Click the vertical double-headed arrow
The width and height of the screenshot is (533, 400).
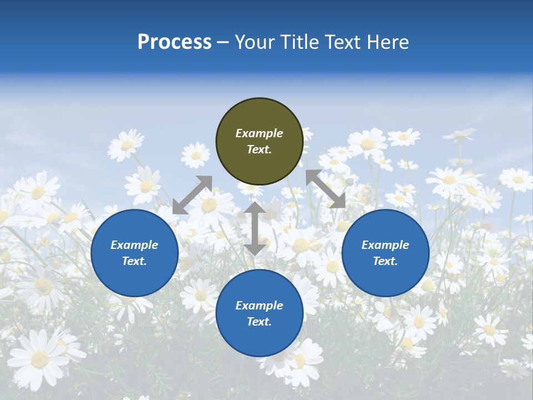click(x=255, y=228)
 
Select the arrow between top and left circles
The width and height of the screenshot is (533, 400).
click(x=193, y=194)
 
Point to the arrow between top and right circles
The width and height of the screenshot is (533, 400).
click(x=326, y=189)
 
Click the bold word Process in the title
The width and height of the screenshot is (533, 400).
click(x=174, y=42)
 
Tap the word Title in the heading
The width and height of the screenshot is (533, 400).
click(x=299, y=42)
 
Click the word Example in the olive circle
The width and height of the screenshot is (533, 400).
click(x=259, y=133)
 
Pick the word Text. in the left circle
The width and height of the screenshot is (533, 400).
click(x=134, y=261)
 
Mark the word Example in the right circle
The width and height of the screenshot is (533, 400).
click(x=385, y=245)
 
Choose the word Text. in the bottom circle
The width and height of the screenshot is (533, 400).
click(x=259, y=322)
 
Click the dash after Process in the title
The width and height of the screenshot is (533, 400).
click(x=223, y=42)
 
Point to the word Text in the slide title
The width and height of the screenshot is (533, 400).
click(x=342, y=42)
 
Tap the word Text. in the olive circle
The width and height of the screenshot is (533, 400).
click(x=259, y=149)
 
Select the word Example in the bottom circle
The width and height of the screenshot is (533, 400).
click(x=259, y=306)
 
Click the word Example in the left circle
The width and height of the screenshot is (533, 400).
click(x=134, y=245)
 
